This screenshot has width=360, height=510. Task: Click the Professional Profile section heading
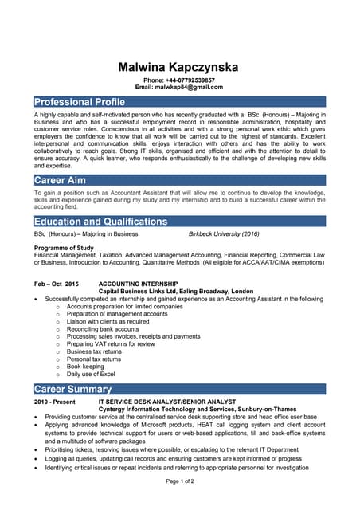(x=80, y=102)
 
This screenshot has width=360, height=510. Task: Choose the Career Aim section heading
(x=61, y=180)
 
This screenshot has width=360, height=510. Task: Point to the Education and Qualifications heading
(x=101, y=221)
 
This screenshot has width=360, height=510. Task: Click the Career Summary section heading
(x=72, y=389)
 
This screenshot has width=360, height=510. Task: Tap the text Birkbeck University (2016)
(x=224, y=234)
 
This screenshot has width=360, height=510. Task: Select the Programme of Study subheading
(x=65, y=248)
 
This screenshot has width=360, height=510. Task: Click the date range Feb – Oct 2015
(x=57, y=284)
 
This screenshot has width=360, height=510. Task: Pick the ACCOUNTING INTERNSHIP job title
(x=138, y=284)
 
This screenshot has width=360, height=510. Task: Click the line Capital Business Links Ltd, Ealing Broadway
(x=175, y=292)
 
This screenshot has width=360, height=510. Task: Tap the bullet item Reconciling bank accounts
(x=103, y=329)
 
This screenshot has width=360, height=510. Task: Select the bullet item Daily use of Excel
(x=91, y=374)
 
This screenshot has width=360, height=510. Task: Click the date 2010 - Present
(x=54, y=402)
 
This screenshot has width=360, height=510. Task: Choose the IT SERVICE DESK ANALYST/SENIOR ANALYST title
(x=166, y=402)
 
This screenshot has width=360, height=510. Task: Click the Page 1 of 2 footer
(x=180, y=482)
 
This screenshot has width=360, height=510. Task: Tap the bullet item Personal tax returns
(x=95, y=359)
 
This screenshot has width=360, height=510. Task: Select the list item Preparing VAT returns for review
(x=111, y=343)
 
